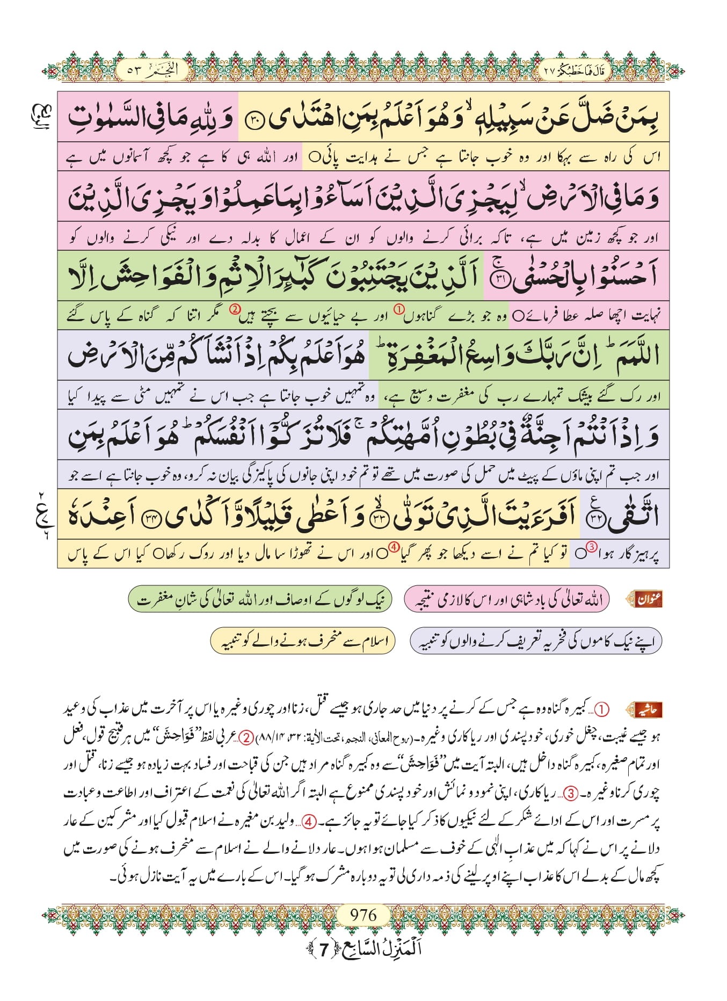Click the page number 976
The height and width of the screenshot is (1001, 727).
click(363, 915)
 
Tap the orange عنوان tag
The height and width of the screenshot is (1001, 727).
click(647, 599)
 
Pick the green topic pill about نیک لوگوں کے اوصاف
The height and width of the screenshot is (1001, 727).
click(260, 599)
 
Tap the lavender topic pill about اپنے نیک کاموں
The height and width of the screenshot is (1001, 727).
click(535, 641)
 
